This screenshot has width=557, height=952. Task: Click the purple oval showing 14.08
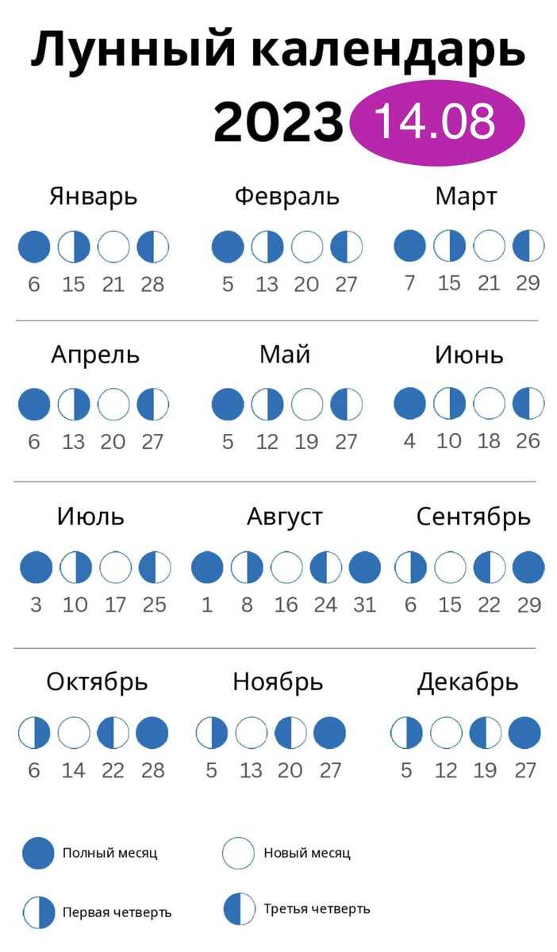[x=436, y=122]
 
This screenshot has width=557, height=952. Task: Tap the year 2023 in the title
[x=278, y=122]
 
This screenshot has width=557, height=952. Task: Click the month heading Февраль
[x=287, y=198]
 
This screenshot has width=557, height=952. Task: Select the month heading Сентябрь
[x=473, y=517]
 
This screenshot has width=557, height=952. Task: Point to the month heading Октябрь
[x=97, y=682]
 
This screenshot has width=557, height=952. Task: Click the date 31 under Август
[x=365, y=605]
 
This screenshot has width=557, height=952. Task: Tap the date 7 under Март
[x=409, y=283]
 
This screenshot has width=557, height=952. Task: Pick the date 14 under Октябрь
[x=74, y=770]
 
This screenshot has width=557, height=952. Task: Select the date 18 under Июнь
[x=489, y=441]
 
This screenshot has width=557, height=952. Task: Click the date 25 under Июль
[x=155, y=605]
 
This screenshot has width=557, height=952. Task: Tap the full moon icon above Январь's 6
[x=34, y=247]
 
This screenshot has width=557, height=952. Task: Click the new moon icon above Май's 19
[x=307, y=404]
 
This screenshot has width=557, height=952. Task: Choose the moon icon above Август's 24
[x=325, y=567]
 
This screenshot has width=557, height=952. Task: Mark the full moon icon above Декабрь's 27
[x=524, y=733]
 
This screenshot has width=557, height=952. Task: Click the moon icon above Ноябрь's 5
[x=212, y=733]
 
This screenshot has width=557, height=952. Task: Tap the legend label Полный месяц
[x=110, y=853]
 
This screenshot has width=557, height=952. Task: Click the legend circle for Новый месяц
[x=238, y=853]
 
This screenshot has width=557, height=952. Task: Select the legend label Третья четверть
[x=317, y=909]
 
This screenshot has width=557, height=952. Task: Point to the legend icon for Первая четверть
[x=39, y=912]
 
